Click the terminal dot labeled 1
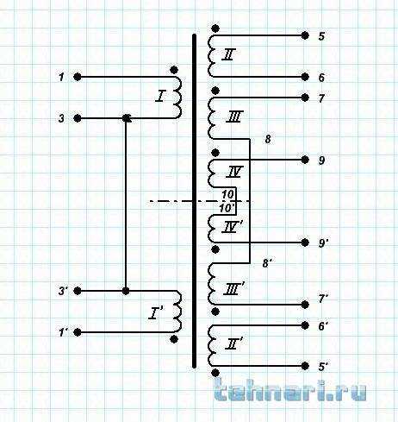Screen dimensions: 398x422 (78, 77)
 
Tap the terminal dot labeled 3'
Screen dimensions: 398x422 (78, 291)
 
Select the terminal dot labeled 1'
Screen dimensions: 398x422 (78, 332)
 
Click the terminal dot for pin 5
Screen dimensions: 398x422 (305, 35)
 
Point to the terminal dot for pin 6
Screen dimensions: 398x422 (305, 77)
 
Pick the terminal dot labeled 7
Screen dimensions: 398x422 (305, 98)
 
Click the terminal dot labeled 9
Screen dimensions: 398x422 (305, 160)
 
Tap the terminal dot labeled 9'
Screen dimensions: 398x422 (305, 242)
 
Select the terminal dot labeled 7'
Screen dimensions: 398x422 (305, 305)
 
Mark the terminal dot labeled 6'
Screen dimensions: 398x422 (305, 325)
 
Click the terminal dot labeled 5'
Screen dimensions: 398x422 (305, 366)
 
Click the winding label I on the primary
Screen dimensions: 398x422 (161, 96)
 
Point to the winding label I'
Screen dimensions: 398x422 (156, 313)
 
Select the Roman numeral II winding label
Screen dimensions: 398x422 (228, 54)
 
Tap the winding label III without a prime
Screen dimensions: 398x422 (234, 117)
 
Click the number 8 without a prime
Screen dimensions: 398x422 (268, 139)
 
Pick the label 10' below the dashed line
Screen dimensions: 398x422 (227, 208)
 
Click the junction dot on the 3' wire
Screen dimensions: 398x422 (126, 291)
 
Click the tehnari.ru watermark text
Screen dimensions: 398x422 (290, 390)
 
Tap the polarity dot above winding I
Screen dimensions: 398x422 (174, 70)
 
